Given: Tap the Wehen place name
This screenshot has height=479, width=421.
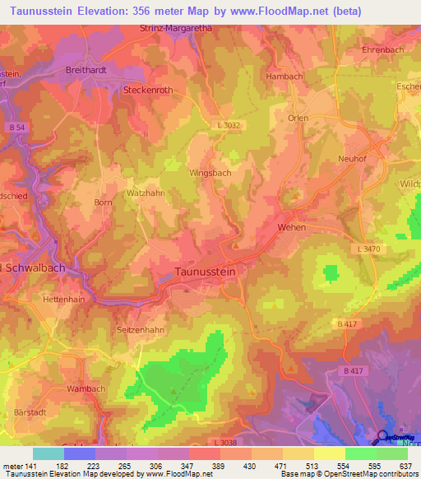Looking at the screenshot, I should (292, 227).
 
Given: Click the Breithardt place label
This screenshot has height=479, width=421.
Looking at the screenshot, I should (87, 71).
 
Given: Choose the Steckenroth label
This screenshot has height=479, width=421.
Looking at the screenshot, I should (148, 90).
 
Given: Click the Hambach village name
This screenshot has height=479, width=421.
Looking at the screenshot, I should (284, 76).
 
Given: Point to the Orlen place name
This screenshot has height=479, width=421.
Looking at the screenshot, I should (298, 118).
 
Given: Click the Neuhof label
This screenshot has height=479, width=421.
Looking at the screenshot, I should (351, 158).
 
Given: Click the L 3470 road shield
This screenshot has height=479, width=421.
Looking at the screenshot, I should (372, 248).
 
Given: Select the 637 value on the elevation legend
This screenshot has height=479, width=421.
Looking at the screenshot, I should (404, 466).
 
